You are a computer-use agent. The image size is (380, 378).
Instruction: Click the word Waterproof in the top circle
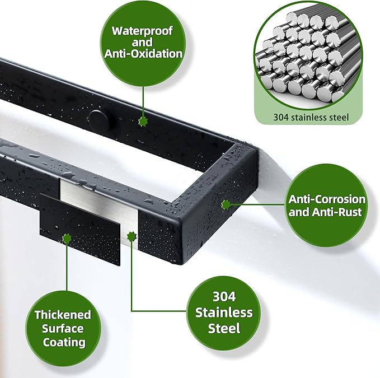tap(142, 31)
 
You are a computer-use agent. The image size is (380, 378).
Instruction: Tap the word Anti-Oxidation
tap(143, 54)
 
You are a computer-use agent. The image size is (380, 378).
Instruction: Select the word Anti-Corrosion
tap(327, 199)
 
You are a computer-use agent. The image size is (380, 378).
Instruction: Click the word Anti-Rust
tap(336, 212)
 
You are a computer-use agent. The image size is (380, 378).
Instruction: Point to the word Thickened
tap(63, 315)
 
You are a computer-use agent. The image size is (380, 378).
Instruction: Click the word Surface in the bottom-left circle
tap(63, 329)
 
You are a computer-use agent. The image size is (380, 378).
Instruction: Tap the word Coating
tap(64, 342)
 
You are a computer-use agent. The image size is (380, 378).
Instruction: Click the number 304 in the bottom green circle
tap(224, 297)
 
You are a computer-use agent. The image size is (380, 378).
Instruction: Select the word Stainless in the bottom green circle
tap(224, 312)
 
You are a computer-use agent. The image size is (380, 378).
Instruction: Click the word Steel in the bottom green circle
tap(224, 328)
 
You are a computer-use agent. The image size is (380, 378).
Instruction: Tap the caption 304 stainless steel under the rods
tap(311, 118)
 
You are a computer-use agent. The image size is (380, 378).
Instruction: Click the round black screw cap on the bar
tap(100, 120)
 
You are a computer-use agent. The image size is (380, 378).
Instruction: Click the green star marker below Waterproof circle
tap(143, 121)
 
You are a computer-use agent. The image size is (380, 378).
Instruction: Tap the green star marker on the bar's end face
tap(226, 205)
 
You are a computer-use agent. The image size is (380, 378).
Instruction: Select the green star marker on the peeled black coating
tap(67, 239)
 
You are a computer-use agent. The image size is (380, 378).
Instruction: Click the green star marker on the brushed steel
tap(132, 236)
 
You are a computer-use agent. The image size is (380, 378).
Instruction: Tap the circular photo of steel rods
tap(308, 55)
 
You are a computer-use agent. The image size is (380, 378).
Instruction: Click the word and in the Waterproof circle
tap(142, 43)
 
